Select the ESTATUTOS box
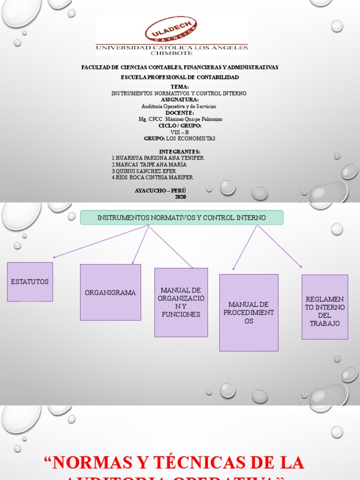(x=30, y=281)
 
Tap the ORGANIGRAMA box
(x=110, y=292)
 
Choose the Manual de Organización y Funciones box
(x=181, y=302)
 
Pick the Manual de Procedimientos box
(x=248, y=313)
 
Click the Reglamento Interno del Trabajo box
(x=324, y=307)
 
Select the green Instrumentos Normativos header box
(x=181, y=217)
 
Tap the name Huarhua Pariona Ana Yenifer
(x=158, y=158)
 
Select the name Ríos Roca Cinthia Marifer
(x=152, y=178)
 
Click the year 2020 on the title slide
(x=180, y=197)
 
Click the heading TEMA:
(x=180, y=87)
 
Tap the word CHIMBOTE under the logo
(x=172, y=53)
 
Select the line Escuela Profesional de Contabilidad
(x=180, y=77)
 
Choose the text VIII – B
(x=180, y=132)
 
